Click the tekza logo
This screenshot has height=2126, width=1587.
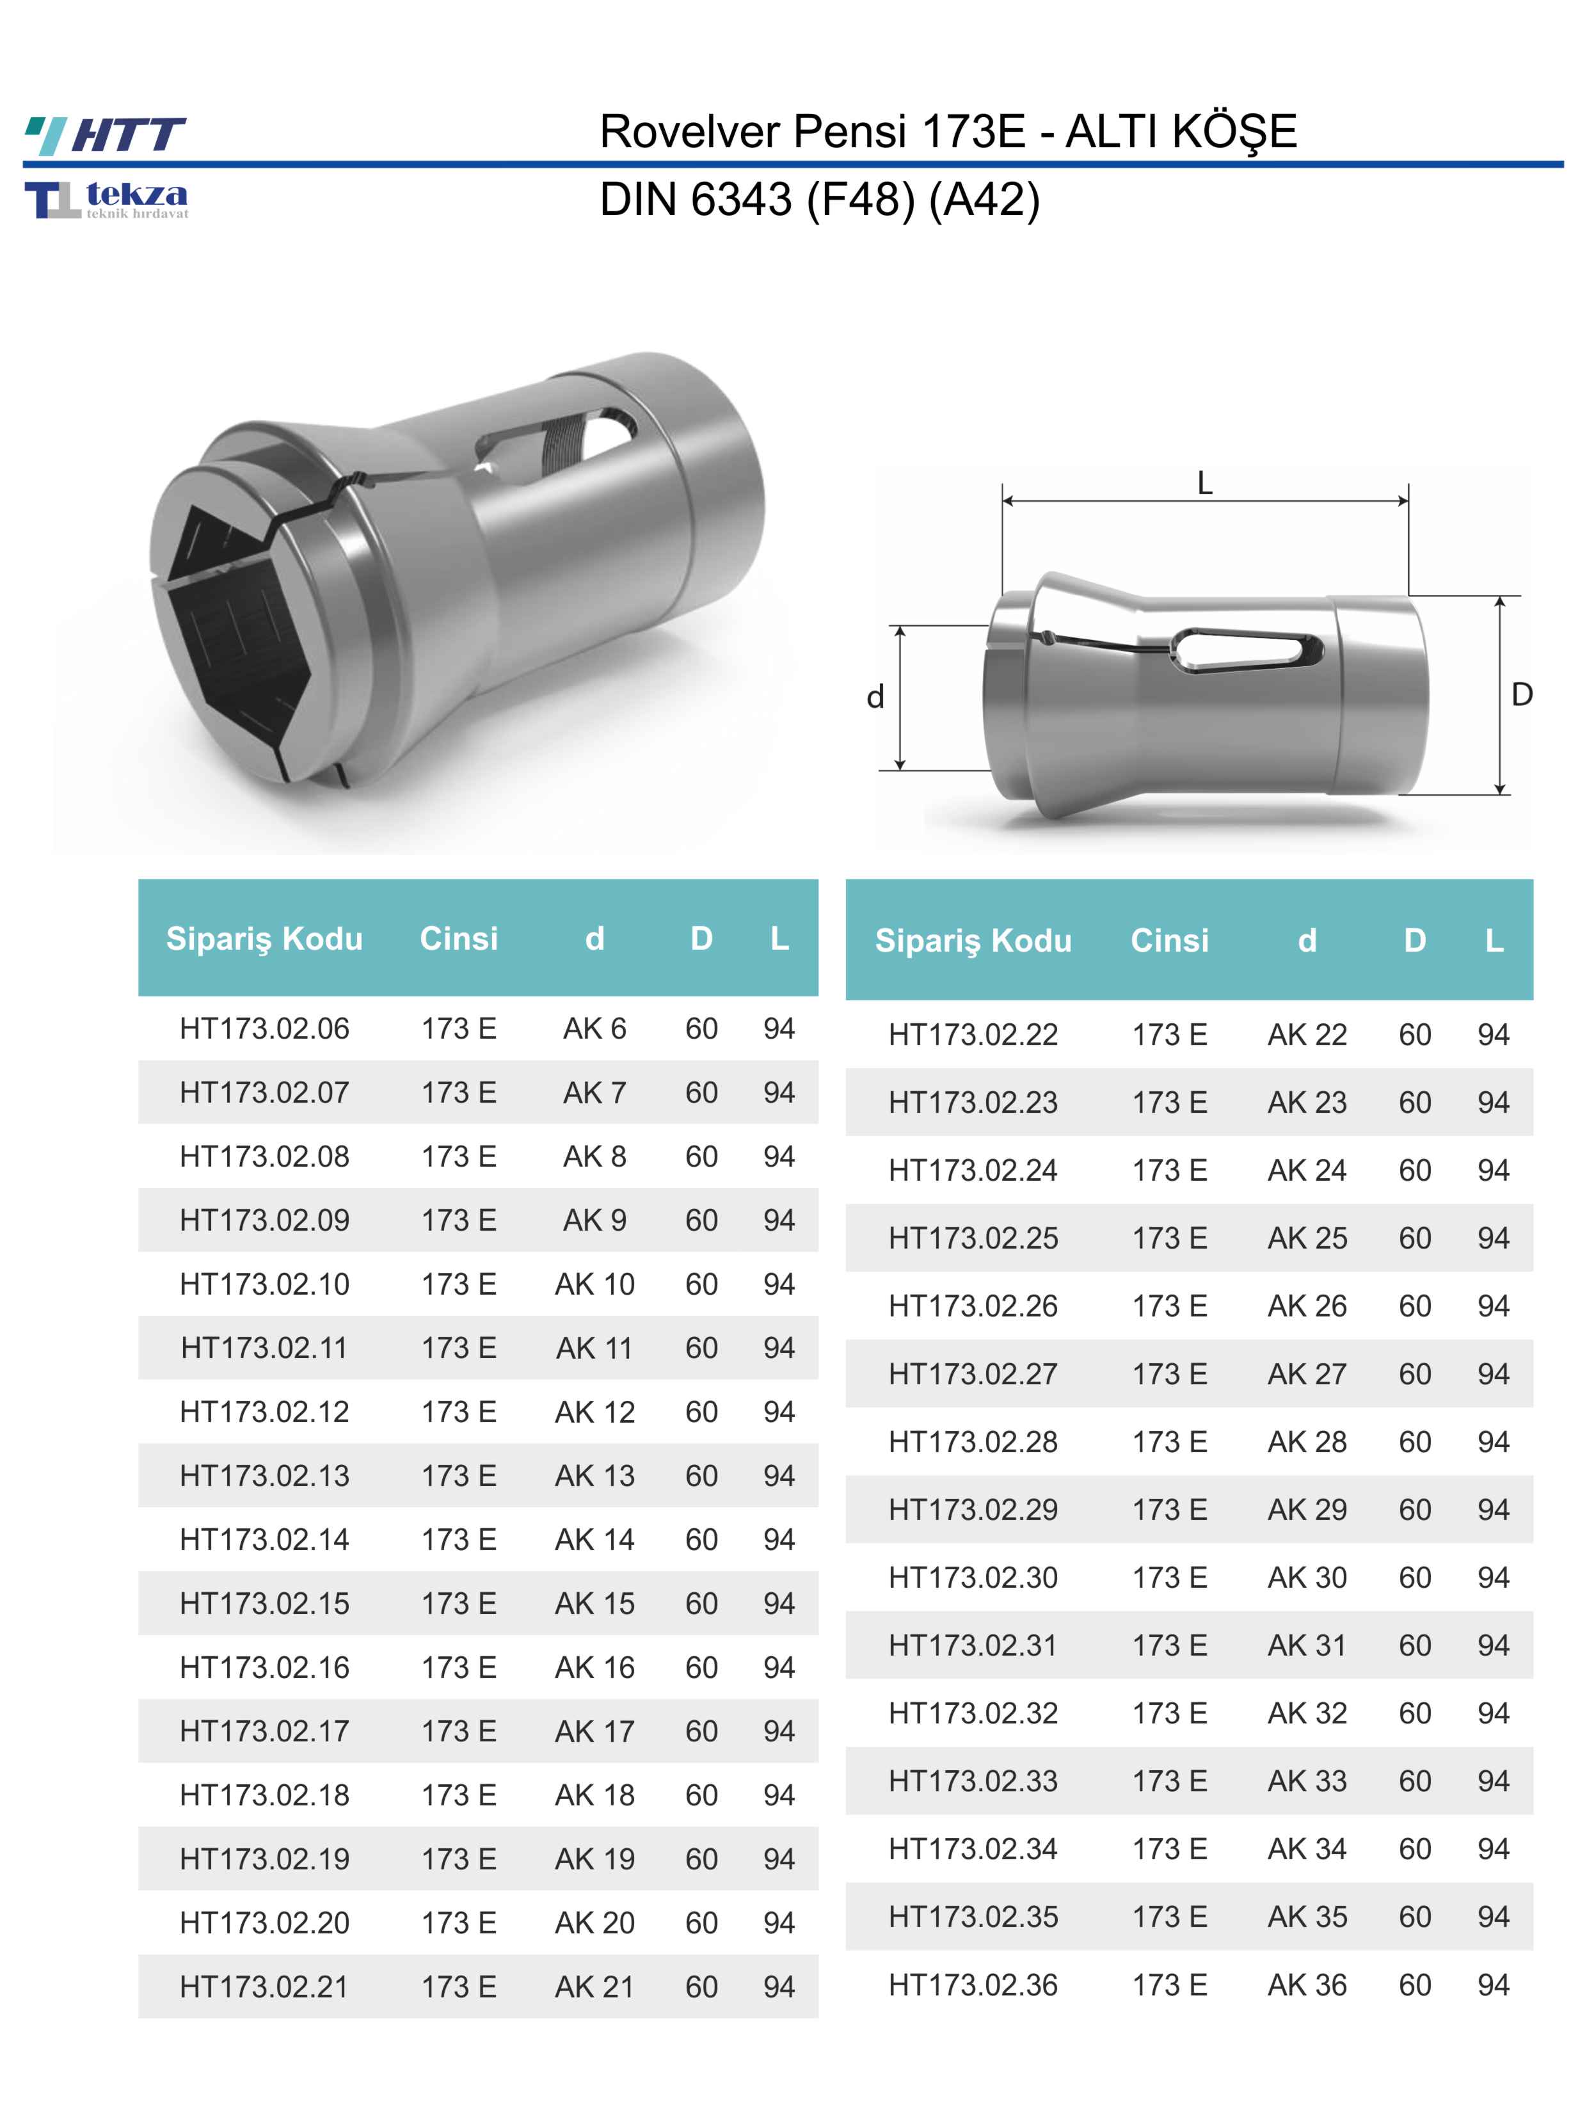click(x=107, y=200)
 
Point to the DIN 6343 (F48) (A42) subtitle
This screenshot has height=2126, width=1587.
click(x=820, y=200)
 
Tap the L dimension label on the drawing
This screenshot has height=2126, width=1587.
click(x=1205, y=483)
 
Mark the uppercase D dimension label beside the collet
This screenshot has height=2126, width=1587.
click(x=1522, y=694)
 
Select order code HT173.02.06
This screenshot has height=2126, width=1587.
click(x=264, y=1029)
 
